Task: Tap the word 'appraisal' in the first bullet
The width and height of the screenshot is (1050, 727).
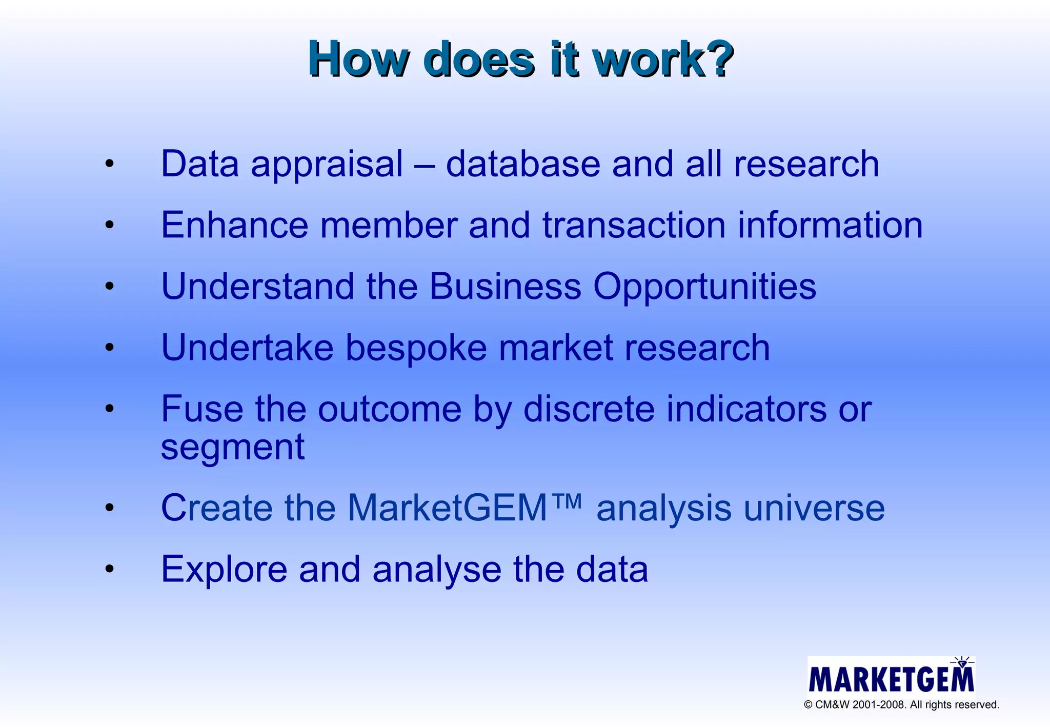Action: tap(327, 165)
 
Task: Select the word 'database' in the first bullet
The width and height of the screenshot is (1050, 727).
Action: tap(523, 164)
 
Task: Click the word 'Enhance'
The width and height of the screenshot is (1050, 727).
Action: tap(235, 225)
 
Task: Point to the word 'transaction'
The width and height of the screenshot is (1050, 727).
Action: tap(634, 226)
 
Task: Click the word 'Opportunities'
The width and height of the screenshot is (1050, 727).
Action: tap(704, 287)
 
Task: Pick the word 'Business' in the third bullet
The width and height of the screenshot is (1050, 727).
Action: tap(505, 286)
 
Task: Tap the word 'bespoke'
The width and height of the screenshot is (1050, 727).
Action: tap(416, 348)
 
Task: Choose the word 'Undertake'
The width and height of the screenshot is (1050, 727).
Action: tap(247, 348)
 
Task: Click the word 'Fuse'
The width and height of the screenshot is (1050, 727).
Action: tap(202, 409)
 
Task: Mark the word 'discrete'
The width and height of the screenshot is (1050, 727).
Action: tap(589, 409)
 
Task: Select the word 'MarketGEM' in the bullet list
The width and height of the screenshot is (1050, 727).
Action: tap(448, 508)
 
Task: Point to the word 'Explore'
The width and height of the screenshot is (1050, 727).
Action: tap(224, 570)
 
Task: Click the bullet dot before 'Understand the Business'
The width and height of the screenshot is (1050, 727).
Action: tap(109, 286)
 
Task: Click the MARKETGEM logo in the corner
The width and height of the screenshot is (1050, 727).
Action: tap(891, 676)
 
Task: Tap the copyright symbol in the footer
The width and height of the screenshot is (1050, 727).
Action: tap(808, 705)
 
